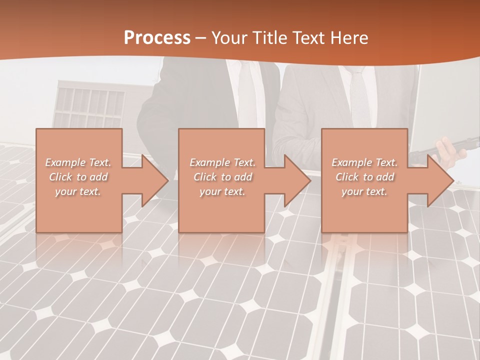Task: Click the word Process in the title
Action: click(x=157, y=38)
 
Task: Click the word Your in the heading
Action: click(x=229, y=38)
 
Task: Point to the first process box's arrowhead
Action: click(x=153, y=180)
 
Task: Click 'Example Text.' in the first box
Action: click(x=78, y=162)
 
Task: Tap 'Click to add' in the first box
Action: click(x=78, y=177)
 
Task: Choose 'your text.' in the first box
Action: click(x=78, y=191)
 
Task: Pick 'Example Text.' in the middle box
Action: click(x=222, y=162)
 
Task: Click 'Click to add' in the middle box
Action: click(x=222, y=177)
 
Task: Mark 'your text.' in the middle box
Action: click(x=222, y=191)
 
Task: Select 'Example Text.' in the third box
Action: click(x=364, y=162)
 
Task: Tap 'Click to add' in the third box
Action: click(x=364, y=177)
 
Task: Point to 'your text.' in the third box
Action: click(x=364, y=191)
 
